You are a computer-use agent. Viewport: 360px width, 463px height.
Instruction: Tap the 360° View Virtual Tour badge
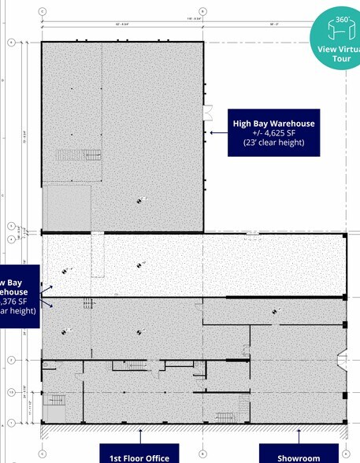[x=336, y=39]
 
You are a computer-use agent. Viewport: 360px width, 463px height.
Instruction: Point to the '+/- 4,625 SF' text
[x=273, y=133]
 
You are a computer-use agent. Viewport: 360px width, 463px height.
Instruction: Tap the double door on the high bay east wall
[x=209, y=113]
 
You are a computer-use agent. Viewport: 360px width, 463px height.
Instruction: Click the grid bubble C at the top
[x=42, y=12]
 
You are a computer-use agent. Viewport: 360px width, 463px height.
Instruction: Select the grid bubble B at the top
[x=203, y=12]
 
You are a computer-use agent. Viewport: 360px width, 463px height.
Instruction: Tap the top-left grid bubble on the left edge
[x=11, y=42]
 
